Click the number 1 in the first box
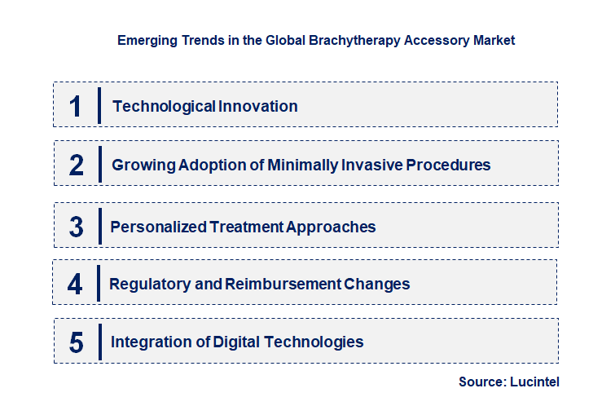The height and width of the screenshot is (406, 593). [76, 106]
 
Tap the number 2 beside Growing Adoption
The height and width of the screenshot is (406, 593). [77, 165]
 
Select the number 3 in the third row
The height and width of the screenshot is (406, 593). [77, 227]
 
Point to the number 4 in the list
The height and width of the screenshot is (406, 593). [76, 285]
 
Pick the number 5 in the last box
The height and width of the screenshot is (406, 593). [77, 342]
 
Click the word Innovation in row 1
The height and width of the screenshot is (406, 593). [258, 106]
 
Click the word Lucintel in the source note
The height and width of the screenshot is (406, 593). [535, 382]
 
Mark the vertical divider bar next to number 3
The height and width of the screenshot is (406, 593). [99, 225]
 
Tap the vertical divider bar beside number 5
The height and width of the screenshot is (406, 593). [99, 341]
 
